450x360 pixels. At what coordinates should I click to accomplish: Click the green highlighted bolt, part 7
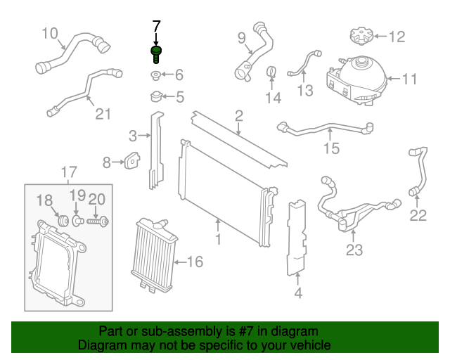(155, 53)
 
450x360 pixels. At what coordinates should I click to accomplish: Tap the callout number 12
(397, 36)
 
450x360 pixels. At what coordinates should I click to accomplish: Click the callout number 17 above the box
(68, 172)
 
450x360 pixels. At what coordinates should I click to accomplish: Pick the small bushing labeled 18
(62, 221)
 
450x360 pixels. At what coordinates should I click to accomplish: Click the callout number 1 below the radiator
(218, 240)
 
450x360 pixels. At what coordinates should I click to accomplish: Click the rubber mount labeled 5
(155, 97)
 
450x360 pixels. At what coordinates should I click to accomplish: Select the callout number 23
(354, 250)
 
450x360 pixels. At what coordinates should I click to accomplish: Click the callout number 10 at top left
(49, 32)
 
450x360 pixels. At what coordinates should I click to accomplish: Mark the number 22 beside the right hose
(418, 216)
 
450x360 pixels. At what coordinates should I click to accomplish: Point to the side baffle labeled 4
(298, 236)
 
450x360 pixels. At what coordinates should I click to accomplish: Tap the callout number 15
(330, 148)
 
